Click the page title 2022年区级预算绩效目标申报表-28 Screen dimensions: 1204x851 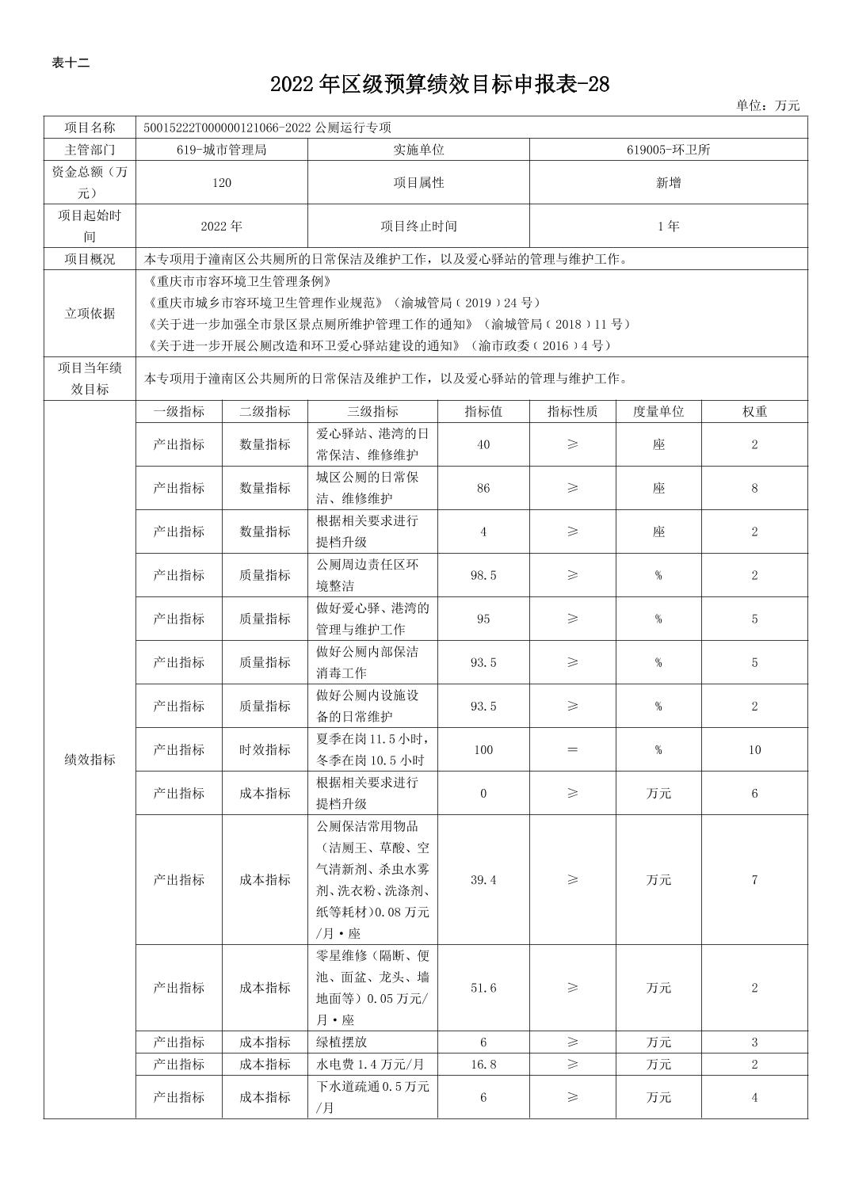440,85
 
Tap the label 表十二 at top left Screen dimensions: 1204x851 71,63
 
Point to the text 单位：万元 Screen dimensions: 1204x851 767,105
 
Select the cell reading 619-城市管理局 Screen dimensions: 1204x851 221,150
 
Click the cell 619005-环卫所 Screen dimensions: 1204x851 668,150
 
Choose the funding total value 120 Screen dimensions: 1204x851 221,183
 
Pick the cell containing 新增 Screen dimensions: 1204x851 668,183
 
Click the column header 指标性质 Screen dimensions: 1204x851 572,412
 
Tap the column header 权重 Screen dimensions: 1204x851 754,412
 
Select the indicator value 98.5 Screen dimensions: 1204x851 483,575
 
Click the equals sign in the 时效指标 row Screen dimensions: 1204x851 572,749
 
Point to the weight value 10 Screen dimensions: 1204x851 754,749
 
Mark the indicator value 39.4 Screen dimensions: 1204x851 483,880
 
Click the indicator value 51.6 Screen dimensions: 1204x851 483,988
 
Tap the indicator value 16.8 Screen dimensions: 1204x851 483,1064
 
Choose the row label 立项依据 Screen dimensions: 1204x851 90,314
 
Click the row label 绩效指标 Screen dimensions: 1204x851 90,760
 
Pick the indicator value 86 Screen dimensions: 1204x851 483,488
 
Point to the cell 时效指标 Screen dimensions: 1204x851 265,749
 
